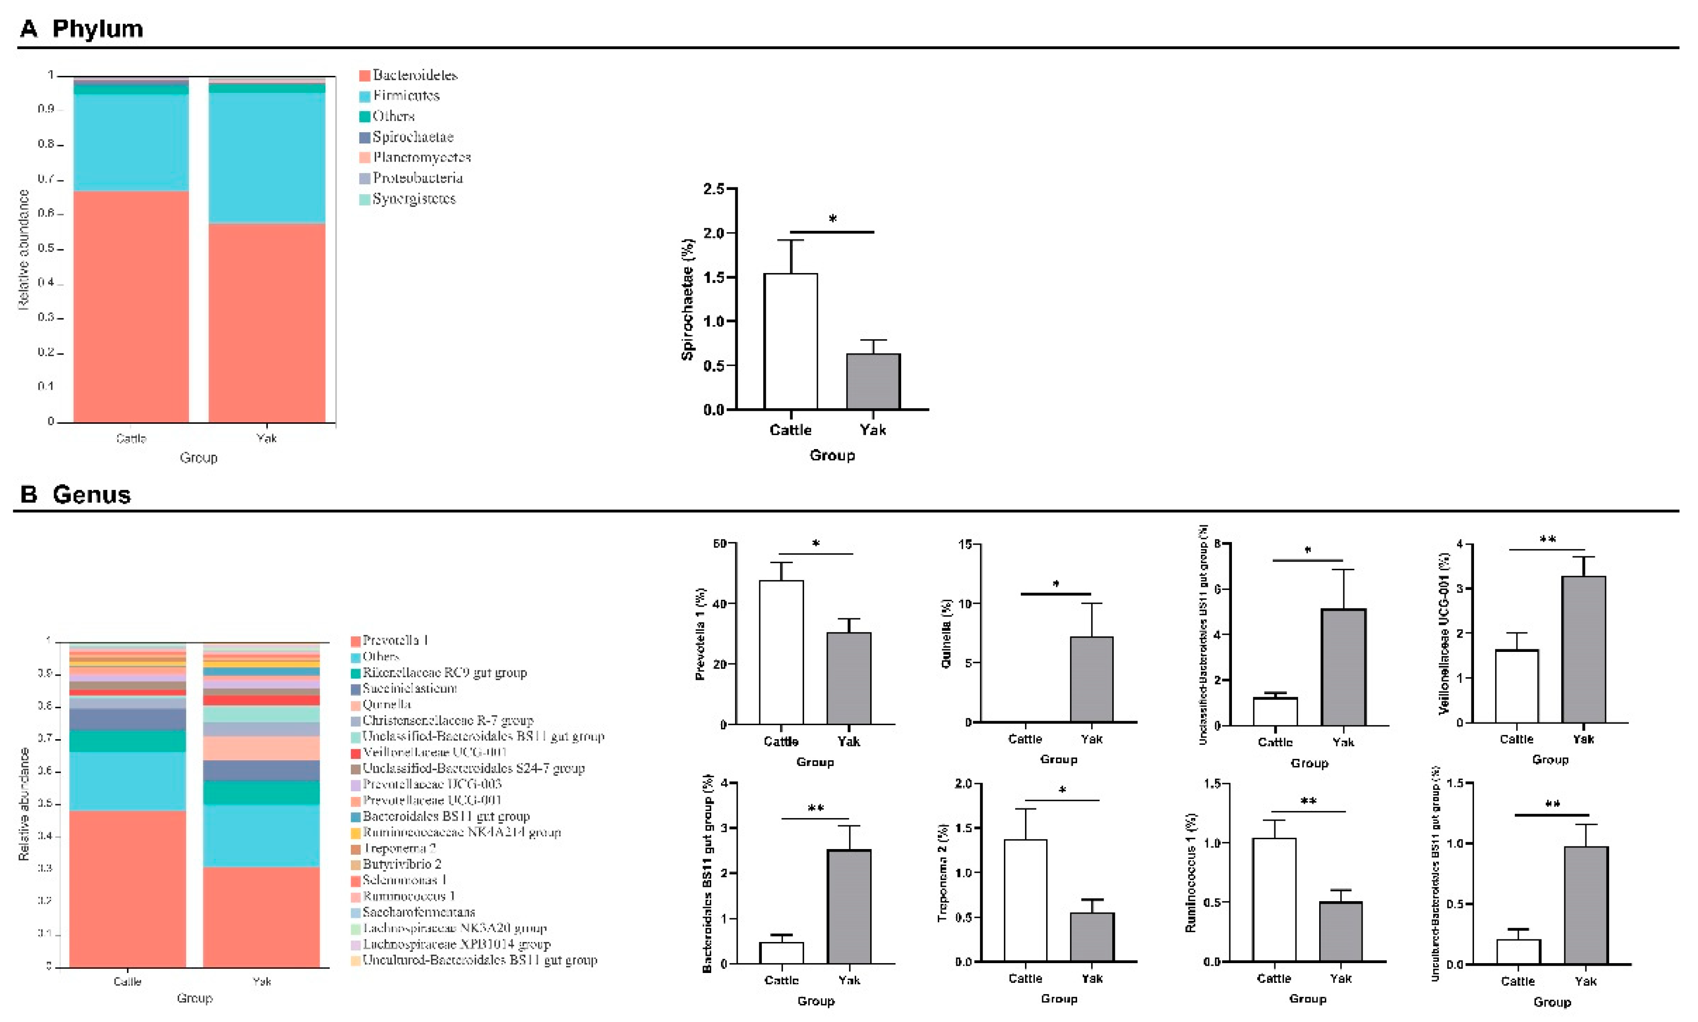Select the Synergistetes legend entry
click(x=413, y=199)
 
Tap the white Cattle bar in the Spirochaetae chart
click(x=791, y=342)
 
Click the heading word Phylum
click(x=97, y=29)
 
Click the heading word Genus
click(x=91, y=494)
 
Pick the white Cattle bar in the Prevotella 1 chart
click(x=781, y=652)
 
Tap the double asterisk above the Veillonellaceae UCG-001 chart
click(x=1547, y=540)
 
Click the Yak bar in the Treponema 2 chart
click(x=1092, y=937)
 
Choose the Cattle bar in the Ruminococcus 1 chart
click(x=1274, y=900)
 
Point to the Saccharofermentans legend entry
click(x=418, y=913)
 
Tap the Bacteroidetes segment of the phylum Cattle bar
click(x=131, y=307)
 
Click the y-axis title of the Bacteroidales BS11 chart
click(x=707, y=873)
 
